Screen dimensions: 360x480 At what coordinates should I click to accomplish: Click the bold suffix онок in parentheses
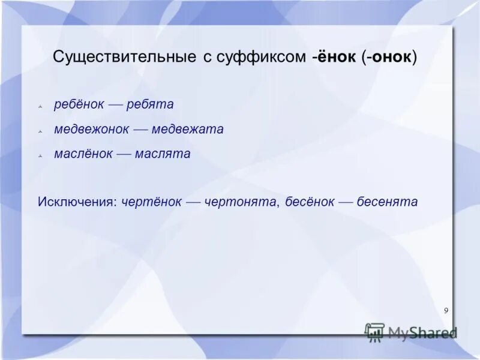(392, 57)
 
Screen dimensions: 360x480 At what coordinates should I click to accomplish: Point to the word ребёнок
(80, 104)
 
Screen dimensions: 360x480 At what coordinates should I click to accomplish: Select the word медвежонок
(91, 129)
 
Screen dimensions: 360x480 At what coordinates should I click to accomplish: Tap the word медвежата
(187, 129)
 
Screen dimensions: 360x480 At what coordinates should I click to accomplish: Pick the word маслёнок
(83, 154)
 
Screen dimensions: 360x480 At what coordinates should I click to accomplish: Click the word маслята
(163, 154)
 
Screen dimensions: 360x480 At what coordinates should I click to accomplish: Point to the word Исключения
(77, 202)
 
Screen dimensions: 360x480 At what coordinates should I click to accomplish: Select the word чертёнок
(151, 202)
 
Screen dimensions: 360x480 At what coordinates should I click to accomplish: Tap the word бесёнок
(310, 202)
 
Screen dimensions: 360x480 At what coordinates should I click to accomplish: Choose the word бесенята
(387, 202)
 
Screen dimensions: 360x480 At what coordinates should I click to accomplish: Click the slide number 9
(446, 310)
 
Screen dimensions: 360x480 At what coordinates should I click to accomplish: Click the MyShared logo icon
(374, 332)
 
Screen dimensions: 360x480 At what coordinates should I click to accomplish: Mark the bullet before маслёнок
(40, 155)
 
